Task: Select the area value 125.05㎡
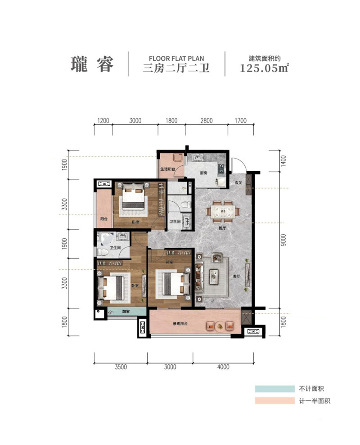tap(264, 69)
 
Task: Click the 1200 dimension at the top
tap(103, 121)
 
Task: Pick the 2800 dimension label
tap(206, 121)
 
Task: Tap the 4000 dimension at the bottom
tap(223, 367)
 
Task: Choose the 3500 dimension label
tap(121, 367)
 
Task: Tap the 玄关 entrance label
tap(238, 183)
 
